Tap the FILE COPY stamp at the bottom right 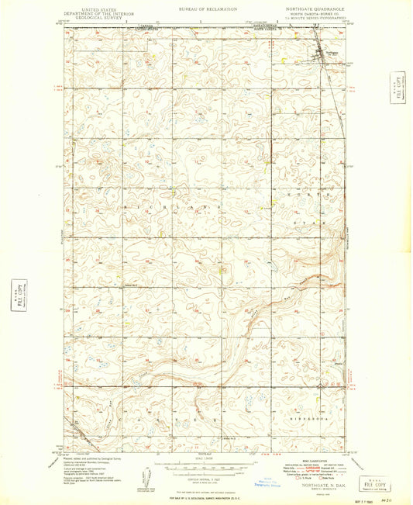[376, 483]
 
